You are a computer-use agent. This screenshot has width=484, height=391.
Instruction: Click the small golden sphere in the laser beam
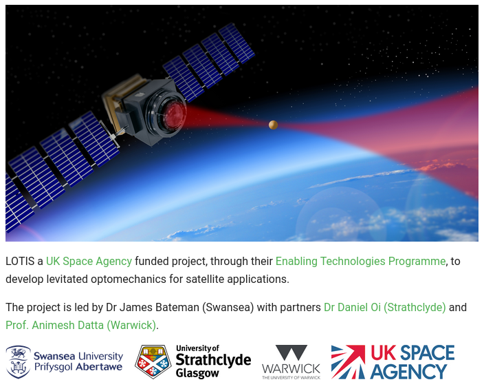pos(273,125)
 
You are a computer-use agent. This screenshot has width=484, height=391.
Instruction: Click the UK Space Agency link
pos(89,261)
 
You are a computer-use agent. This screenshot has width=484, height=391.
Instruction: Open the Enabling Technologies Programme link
pos(360,261)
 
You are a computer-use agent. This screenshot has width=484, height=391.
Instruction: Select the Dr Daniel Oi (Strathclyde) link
pos(384,307)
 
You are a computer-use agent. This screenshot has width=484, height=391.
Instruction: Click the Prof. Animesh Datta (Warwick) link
pos(81,325)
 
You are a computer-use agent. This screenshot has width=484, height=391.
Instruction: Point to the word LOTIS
pos(20,261)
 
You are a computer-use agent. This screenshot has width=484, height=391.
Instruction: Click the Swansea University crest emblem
pos(18,362)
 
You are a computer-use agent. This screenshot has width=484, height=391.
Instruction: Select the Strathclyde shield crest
pos(153,362)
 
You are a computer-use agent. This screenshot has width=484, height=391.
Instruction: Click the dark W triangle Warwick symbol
pos(291,352)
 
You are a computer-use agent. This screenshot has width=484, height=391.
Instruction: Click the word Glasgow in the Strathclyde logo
pos(197,373)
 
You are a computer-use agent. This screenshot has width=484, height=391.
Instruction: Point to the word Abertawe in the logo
pos(99,367)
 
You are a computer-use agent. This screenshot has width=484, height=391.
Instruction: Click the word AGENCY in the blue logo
pos(408,371)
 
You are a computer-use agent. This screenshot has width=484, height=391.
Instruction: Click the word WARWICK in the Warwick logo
pos(291,368)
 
